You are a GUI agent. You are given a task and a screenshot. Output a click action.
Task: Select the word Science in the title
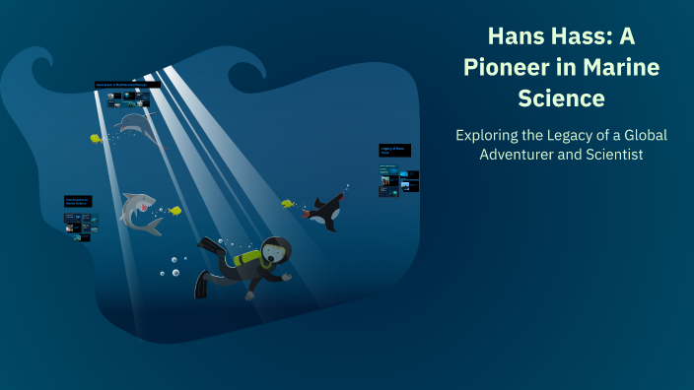[x=561, y=98]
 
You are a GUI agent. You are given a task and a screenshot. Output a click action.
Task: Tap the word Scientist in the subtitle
[x=611, y=155]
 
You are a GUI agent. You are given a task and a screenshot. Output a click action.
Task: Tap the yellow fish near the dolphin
[x=97, y=139]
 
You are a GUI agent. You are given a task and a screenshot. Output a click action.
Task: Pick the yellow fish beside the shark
[x=174, y=210]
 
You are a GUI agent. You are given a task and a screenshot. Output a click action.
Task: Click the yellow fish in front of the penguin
[x=288, y=204]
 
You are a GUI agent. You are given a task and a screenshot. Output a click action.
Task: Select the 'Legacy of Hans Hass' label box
[x=394, y=151]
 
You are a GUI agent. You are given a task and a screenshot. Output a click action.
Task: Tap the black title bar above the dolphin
[x=127, y=85]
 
